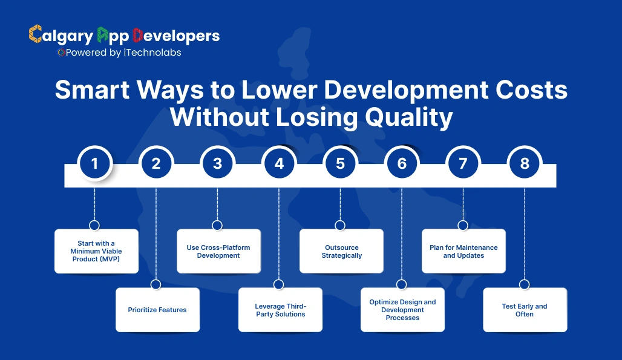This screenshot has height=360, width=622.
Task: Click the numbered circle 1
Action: [x=94, y=163]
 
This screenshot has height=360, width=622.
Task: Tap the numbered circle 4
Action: [x=279, y=163]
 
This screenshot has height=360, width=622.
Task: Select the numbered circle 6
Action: [x=402, y=163]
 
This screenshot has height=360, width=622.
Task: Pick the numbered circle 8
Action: [x=525, y=163]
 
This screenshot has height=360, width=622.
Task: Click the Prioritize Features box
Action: [x=157, y=310]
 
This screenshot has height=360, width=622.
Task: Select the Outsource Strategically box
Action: [x=341, y=251]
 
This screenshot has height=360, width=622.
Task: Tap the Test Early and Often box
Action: [x=525, y=310]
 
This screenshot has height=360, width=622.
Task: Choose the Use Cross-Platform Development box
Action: [x=218, y=251]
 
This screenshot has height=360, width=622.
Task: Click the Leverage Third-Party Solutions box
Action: [x=280, y=310]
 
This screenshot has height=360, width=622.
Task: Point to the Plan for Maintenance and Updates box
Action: [x=463, y=251]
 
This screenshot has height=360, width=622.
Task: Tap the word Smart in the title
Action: [x=93, y=91]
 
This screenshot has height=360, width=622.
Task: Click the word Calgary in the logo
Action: [x=61, y=35]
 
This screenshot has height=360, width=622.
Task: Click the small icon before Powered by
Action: [x=61, y=53]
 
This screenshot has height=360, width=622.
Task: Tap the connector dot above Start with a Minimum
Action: [x=94, y=225]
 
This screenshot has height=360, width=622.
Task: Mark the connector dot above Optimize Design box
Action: [x=402, y=284]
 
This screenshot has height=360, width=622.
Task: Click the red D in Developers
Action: [x=137, y=35]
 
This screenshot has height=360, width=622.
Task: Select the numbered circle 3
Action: [x=217, y=163]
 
